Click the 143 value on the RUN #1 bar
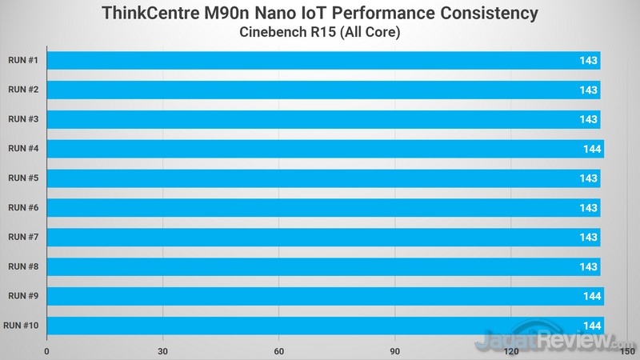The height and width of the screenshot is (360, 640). coord(589,61)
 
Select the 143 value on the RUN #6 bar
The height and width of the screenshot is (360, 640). coord(589,208)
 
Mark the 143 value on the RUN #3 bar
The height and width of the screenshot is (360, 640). coord(589,119)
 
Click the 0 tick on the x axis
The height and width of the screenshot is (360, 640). coord(47,350)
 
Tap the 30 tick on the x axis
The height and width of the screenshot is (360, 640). coord(163,350)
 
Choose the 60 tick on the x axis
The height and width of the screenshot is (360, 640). coord(279,350)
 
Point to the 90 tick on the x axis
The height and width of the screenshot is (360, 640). coord(395,350)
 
